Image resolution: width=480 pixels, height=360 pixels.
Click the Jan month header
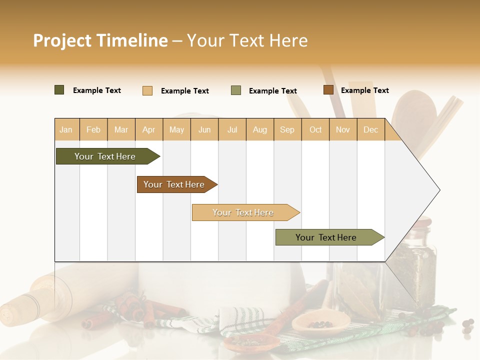point(66,129)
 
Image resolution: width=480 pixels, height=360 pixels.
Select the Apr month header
point(149,129)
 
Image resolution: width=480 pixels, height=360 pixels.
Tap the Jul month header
point(232,129)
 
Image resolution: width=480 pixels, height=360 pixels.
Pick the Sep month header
point(287,129)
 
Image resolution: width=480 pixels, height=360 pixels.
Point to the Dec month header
point(370,129)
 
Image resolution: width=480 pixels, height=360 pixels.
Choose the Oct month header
point(315,129)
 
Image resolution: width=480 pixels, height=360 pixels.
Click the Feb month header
point(93,129)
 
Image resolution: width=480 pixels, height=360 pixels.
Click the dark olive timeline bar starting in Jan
point(105,156)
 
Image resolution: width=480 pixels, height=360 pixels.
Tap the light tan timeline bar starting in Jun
point(243,212)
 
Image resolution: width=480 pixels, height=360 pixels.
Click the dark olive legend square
point(59,90)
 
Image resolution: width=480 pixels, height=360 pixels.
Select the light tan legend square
point(147,90)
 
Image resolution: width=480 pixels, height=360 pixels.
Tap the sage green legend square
point(236,90)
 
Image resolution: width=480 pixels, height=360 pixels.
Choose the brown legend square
point(328,90)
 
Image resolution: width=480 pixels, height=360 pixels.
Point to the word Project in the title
point(61,40)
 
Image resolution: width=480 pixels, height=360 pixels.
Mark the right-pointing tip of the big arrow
point(439,190)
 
